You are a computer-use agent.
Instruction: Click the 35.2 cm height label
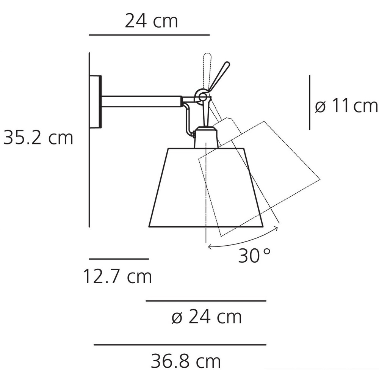pos(38,138)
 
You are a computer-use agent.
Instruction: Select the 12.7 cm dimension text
pos(117,277)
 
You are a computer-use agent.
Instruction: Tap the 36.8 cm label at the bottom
pos(186,360)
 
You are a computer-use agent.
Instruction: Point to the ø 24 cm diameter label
pos(207,317)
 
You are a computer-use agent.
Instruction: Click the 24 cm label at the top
pos(151,21)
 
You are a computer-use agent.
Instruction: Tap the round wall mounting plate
pos(96,102)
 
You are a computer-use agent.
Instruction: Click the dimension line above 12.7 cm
pos(119,259)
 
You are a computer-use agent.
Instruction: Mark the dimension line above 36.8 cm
pos(180,345)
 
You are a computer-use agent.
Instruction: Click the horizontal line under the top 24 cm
pos(149,34)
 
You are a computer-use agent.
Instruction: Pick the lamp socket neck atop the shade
pos(206,138)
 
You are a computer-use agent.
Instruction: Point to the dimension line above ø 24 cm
pos(206,301)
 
